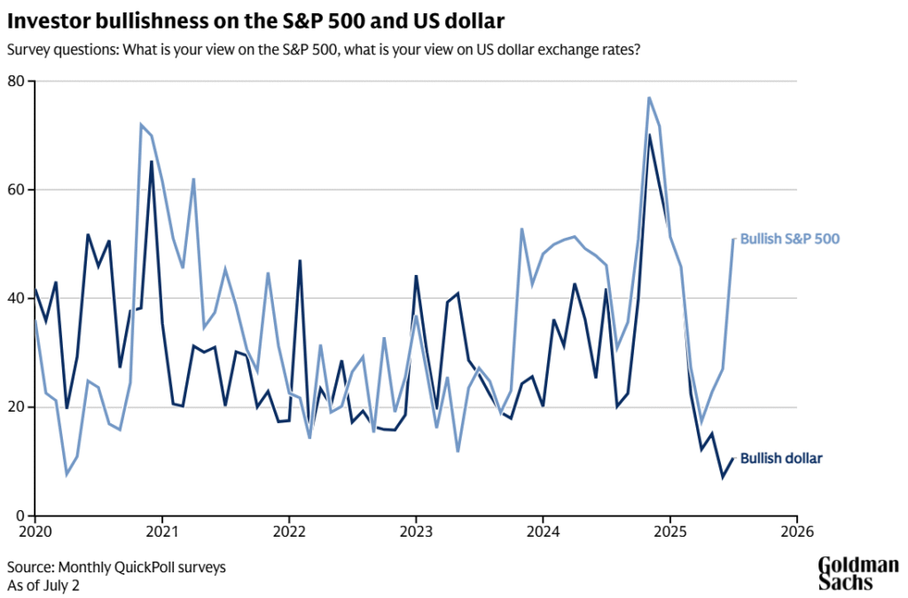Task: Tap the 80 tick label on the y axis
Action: point(17,82)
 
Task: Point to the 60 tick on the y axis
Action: point(17,190)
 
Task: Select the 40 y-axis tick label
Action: point(17,299)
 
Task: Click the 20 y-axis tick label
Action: point(17,407)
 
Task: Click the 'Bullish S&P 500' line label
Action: point(790,239)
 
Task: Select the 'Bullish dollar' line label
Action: point(781,458)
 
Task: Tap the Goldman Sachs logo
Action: point(857,574)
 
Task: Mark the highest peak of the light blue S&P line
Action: point(649,98)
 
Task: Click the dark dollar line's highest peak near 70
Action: point(649,135)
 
